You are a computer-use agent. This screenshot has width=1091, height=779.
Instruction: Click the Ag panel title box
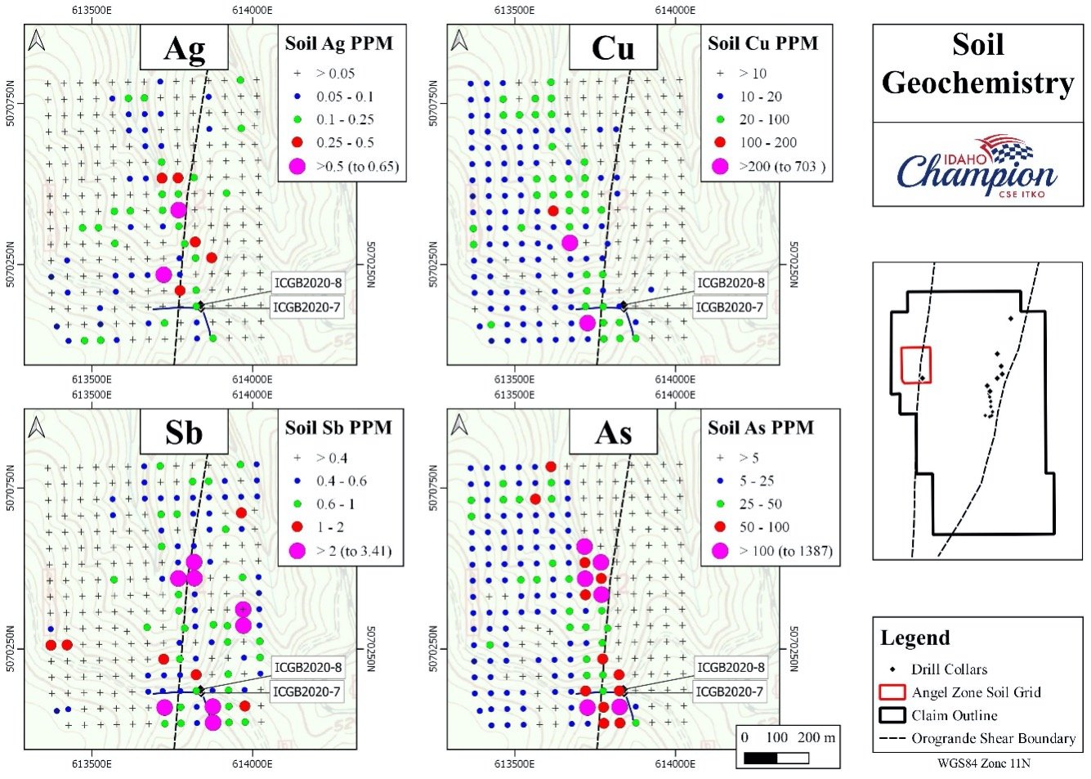tap(184, 47)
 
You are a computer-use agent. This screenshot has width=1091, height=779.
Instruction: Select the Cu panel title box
tap(613, 47)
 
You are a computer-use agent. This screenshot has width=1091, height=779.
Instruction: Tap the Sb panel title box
tap(184, 432)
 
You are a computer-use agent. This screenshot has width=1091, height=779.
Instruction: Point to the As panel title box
tap(613, 432)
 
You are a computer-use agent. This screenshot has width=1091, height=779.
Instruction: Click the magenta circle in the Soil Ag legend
tap(297, 167)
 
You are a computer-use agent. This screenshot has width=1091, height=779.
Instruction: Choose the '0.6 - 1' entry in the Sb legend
tap(324, 504)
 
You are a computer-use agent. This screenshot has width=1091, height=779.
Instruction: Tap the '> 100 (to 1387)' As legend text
tap(785, 551)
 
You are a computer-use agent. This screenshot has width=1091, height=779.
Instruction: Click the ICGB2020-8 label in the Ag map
tap(308, 283)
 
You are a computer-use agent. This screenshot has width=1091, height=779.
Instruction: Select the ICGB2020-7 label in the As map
tap(730, 692)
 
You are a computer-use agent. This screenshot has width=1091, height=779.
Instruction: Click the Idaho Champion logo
tap(977, 167)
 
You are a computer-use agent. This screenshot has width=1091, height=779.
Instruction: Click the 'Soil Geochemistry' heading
tap(978, 64)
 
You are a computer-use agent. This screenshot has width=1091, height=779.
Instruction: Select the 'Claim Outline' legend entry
tap(938, 715)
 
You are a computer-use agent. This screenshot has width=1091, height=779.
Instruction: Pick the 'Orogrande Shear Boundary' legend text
tap(994, 739)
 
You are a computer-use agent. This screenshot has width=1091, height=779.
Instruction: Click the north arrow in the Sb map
tap(37, 427)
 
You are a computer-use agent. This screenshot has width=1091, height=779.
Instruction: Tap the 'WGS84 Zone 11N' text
tap(984, 763)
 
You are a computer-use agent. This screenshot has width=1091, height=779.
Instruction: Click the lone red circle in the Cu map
tap(552, 211)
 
